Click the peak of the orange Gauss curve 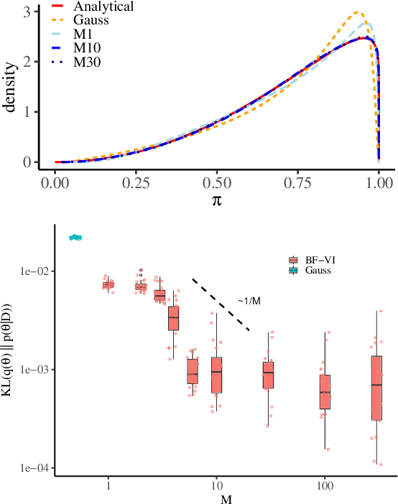[x=358, y=12]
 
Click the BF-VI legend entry [x=315, y=259]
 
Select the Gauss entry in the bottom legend [x=314, y=270]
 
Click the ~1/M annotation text [x=249, y=300]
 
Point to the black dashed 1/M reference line [x=221, y=304]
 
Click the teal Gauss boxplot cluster [x=75, y=237]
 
